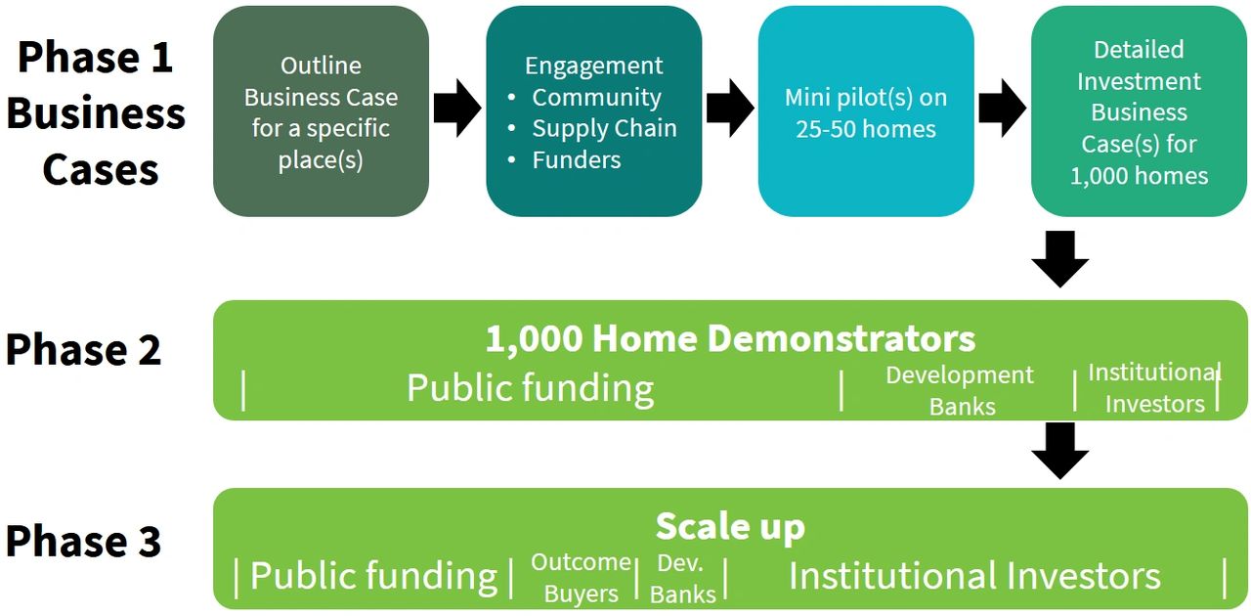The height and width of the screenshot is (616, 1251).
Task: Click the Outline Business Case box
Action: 322,111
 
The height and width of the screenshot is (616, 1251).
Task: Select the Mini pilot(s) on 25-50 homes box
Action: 866,111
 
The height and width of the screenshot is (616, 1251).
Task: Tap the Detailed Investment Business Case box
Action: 1139,111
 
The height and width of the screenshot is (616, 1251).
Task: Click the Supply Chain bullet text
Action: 604,128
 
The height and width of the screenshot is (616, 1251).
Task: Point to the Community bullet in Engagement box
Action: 596,97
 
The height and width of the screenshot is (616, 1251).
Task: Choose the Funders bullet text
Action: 577,160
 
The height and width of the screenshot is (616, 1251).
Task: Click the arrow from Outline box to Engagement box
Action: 457,108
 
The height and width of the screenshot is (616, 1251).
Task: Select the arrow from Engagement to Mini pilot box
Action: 730,108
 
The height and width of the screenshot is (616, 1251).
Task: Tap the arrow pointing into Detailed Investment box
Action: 1003,108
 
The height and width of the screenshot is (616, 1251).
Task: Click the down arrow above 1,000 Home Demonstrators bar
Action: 1060,259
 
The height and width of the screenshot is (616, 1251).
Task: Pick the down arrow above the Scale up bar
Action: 1060,451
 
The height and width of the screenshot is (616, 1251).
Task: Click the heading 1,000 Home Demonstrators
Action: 730,338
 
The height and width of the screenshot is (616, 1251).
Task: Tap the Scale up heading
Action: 730,527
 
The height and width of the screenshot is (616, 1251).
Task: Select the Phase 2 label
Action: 84,349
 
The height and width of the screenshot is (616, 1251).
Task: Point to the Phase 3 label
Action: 84,541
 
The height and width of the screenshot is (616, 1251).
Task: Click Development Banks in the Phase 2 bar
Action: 960,390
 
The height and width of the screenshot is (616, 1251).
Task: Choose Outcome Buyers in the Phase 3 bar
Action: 581,578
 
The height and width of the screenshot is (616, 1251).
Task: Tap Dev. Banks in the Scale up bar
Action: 682,579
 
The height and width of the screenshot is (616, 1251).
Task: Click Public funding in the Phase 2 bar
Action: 530,388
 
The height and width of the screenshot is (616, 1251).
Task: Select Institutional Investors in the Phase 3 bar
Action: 974,576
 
